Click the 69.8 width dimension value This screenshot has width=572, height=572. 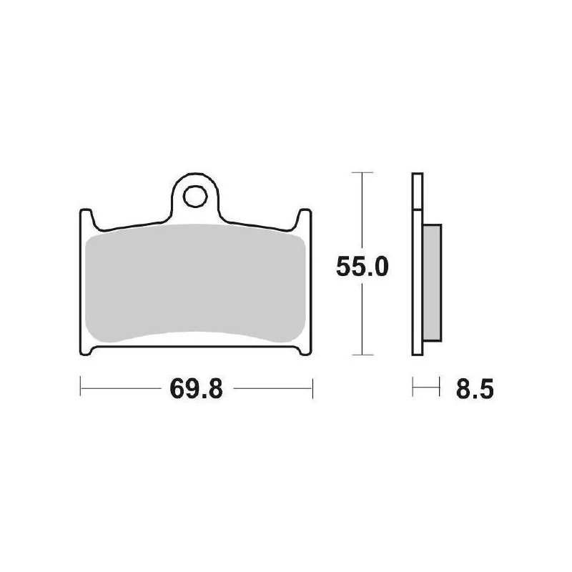coord(196,388)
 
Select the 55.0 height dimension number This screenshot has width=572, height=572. coord(362,266)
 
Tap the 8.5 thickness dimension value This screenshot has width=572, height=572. coord(475,388)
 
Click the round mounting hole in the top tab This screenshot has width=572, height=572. coord(195,197)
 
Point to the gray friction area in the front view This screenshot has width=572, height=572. coord(195,283)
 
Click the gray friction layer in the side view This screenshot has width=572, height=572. coord(432,282)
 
